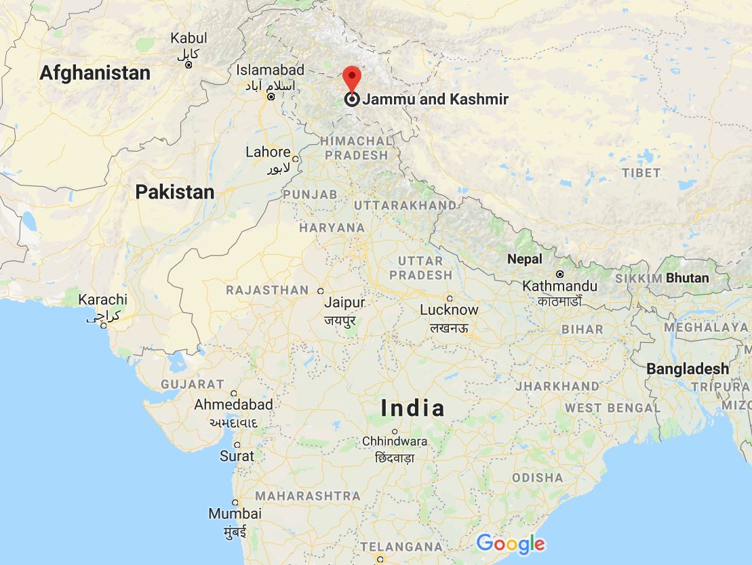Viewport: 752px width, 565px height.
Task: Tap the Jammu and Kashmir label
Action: [435, 100]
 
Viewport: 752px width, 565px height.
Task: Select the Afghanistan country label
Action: [95, 73]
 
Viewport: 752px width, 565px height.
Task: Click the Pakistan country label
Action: [174, 192]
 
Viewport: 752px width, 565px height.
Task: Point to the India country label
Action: [413, 408]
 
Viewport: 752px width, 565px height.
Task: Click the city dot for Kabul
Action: [189, 65]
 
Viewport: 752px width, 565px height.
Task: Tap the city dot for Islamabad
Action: [271, 97]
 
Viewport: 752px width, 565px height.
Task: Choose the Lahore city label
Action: [268, 152]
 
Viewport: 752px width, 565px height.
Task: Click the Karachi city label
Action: [103, 299]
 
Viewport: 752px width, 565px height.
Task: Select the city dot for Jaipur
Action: [321, 291]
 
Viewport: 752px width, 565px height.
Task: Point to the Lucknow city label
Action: [449, 310]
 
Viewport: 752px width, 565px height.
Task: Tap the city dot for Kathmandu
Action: [560, 274]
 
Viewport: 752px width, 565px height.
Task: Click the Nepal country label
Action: [525, 259]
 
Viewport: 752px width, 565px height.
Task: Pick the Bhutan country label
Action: [687, 278]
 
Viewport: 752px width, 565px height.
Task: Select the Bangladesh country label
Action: [688, 369]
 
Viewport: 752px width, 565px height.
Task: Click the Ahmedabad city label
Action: [233, 404]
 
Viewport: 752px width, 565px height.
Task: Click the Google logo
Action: [511, 543]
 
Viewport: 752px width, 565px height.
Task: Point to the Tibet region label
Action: [641, 173]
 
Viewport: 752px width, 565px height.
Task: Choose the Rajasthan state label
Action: [267, 290]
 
